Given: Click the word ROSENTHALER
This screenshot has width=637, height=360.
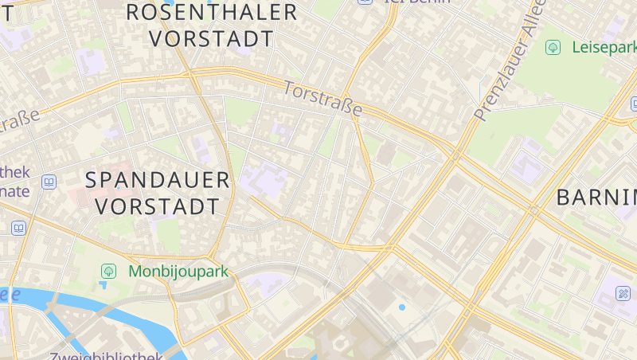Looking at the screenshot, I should point(212,12).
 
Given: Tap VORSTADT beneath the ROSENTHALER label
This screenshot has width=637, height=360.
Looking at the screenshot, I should point(212,38).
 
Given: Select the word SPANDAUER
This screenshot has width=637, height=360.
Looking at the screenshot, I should point(157,180).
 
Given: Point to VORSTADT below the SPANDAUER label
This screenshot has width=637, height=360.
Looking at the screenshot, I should point(157,206).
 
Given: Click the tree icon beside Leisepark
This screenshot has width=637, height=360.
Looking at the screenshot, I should point(553,48).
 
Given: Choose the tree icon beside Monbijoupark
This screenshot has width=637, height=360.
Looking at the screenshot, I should point(107,272).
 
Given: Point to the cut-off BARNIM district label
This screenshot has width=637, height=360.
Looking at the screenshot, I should point(597,198).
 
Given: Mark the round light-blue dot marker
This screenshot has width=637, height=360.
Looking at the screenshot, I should point(401,307).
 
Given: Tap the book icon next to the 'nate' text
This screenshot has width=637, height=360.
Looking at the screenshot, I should point(49,182).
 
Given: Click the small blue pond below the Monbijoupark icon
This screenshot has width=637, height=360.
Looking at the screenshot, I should point(104,285).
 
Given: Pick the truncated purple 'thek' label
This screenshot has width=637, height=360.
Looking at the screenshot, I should point(14,172).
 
